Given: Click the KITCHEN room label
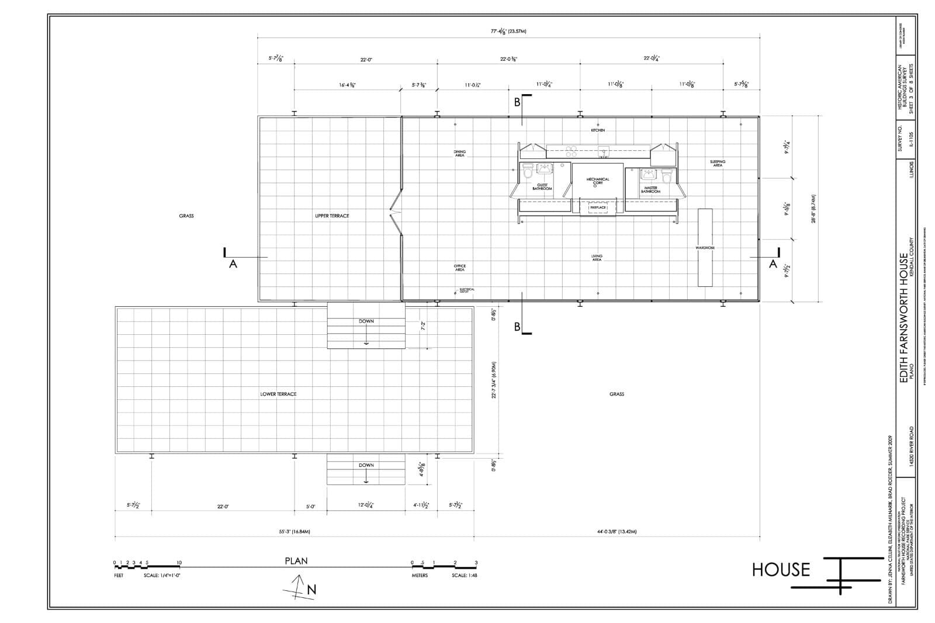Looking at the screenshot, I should pos(597,130).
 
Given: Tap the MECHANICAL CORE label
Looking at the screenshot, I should pos(597,181).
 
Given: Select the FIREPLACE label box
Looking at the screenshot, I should pos(598,207).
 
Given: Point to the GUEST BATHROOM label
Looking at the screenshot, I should pos(542,187).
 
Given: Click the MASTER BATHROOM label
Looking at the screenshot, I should pos(650,190).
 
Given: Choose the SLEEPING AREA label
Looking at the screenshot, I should pos(718,164).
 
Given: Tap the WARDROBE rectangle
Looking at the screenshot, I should pos(705,247).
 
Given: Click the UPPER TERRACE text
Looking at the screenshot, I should pos(332,216).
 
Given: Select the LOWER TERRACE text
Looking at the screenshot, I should pos(278,394).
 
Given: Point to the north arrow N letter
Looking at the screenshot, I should pos(311,590).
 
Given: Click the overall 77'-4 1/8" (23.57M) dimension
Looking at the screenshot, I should pos(508,31).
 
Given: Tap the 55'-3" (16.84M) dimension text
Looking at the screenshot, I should pos(294,532).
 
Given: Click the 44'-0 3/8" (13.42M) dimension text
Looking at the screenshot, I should pos(617,532).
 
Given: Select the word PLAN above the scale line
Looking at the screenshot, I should pos(296,561).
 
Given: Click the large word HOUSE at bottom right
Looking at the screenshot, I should pos(781,569).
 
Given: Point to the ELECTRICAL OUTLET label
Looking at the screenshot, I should pos(467,290).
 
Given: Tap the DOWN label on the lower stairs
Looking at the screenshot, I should pos(366,465).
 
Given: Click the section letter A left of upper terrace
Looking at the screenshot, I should pos(233,264).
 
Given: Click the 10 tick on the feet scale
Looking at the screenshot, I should pos(179,563).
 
